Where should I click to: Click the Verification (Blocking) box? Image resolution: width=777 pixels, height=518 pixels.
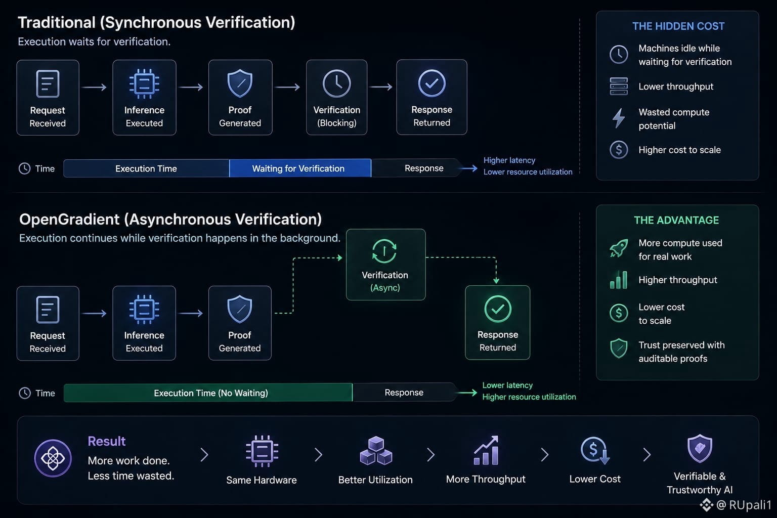(x=336, y=97)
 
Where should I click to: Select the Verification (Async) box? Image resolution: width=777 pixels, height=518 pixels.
(x=386, y=265)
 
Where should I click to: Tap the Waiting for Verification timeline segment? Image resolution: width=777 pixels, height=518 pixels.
(x=300, y=168)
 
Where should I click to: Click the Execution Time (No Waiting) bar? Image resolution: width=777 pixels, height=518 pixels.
(x=208, y=393)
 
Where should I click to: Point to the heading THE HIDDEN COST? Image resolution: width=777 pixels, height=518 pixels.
(x=678, y=26)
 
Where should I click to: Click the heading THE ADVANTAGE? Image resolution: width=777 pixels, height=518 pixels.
(x=676, y=220)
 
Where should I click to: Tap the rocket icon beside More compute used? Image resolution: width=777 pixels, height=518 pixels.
(x=619, y=248)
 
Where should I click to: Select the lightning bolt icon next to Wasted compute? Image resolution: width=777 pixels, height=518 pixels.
(x=619, y=118)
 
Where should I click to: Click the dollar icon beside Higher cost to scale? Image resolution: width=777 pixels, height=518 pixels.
(x=619, y=150)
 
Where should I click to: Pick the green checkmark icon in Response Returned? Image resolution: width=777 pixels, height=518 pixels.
(x=498, y=309)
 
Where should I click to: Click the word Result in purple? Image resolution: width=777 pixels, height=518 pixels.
(x=107, y=441)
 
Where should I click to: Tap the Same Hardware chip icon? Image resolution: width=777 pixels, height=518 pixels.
(x=262, y=451)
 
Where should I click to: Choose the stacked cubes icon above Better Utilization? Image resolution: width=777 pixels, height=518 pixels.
(x=376, y=451)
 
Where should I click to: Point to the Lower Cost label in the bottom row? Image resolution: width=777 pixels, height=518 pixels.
(x=595, y=479)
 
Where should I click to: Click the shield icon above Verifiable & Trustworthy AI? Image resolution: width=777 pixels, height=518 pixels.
(x=700, y=448)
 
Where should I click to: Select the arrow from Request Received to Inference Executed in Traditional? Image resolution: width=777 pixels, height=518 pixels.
(x=95, y=87)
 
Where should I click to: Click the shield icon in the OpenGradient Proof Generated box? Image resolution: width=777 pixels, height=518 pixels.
(x=239, y=309)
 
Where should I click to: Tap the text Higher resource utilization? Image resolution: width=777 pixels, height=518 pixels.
(x=529, y=397)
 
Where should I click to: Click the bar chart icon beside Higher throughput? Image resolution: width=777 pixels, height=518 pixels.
(x=619, y=280)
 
